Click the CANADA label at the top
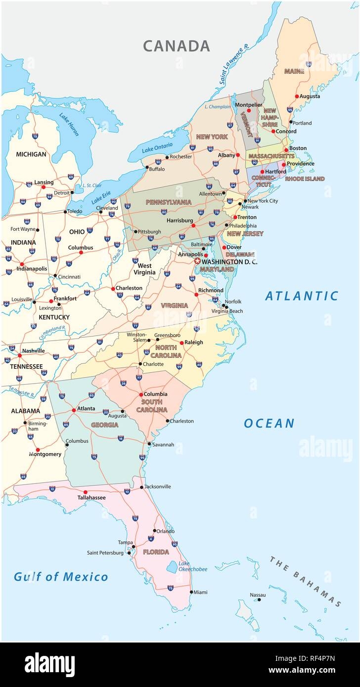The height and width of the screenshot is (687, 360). coord(177,46)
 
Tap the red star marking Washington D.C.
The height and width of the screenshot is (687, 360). coord(198,261)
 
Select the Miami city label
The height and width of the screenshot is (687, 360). coord(200,592)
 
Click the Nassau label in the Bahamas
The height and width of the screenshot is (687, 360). coord(258,595)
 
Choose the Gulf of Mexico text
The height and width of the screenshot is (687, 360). coord(61,576)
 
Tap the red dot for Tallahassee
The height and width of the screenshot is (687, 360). coord(85,492)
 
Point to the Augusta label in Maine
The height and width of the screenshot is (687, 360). coord(311,96)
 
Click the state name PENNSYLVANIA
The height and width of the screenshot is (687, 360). coord(168,202)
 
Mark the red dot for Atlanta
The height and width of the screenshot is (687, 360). coord(74,410)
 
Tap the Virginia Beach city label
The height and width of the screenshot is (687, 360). coord(227,311)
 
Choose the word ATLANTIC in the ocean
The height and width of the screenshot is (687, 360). coord(302,296)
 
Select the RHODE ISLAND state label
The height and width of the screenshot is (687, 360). coord(305,178)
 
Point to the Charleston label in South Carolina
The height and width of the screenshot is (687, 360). coord(181,421)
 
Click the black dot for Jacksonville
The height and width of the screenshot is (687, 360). coord(142,487)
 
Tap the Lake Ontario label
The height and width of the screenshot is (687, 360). coord(157,147)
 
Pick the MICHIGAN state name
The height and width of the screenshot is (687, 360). coord(31,154)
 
